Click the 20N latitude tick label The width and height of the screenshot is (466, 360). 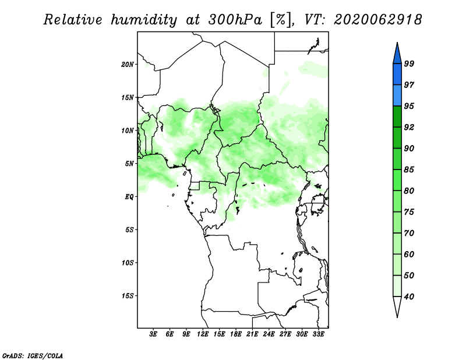pos(128,65)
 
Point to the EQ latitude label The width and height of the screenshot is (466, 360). pos(129,197)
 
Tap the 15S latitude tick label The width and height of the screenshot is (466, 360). pos(128,296)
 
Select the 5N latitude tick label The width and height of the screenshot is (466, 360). pos(129,164)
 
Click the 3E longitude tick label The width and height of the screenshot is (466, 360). pos(153,334)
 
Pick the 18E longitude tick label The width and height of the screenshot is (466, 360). pos(236,334)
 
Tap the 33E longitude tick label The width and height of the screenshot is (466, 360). pos(318,334)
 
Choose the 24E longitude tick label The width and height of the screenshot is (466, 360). pos(269,334)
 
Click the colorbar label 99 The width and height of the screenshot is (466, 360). pos(409,63)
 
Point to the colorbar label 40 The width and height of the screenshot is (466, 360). pos(409,297)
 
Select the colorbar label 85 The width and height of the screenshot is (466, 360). pos(409,170)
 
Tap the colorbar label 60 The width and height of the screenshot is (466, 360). pos(409,254)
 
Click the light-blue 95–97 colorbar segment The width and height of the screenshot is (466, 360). pos(397,96)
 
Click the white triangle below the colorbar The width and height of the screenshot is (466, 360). pos(397,306)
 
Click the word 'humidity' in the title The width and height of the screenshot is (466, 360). pos(144,20)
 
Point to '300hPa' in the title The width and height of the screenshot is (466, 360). pos(235,20)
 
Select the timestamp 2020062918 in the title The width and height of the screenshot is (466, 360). pos(377,20)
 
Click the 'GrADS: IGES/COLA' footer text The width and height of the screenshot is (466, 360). pos(33,356)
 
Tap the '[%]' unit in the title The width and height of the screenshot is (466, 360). pos(280,20)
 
